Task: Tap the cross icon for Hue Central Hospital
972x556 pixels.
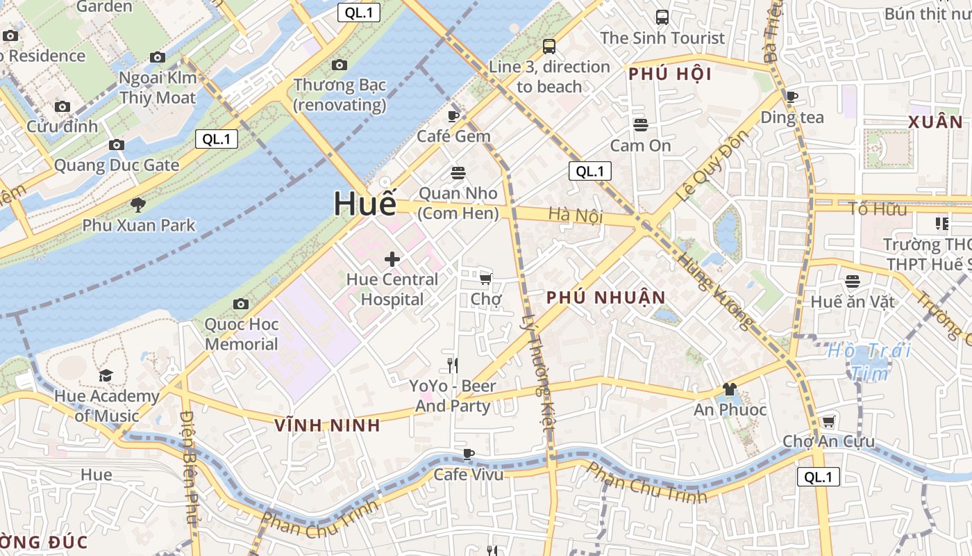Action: (x=392, y=259)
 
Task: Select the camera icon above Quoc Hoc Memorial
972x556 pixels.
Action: (x=241, y=304)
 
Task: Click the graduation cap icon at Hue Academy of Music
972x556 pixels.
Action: (x=106, y=375)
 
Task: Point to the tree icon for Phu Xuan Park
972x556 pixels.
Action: (x=138, y=204)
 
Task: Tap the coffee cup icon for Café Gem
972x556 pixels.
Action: (x=453, y=116)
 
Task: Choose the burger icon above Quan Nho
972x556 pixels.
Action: (x=458, y=172)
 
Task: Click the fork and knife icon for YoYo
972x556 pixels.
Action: (x=453, y=365)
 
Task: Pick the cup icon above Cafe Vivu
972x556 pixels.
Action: (x=469, y=454)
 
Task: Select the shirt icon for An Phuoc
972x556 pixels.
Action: (x=729, y=389)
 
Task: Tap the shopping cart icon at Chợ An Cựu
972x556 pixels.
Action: (x=828, y=421)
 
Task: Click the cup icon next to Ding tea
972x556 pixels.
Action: (x=792, y=97)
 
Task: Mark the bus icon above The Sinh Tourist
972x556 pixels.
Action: (x=662, y=17)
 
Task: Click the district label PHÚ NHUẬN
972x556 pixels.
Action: (x=606, y=297)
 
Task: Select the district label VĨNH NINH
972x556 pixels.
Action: (x=328, y=425)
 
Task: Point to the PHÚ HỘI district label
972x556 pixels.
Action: (x=671, y=74)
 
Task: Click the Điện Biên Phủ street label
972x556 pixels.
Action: (x=189, y=466)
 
